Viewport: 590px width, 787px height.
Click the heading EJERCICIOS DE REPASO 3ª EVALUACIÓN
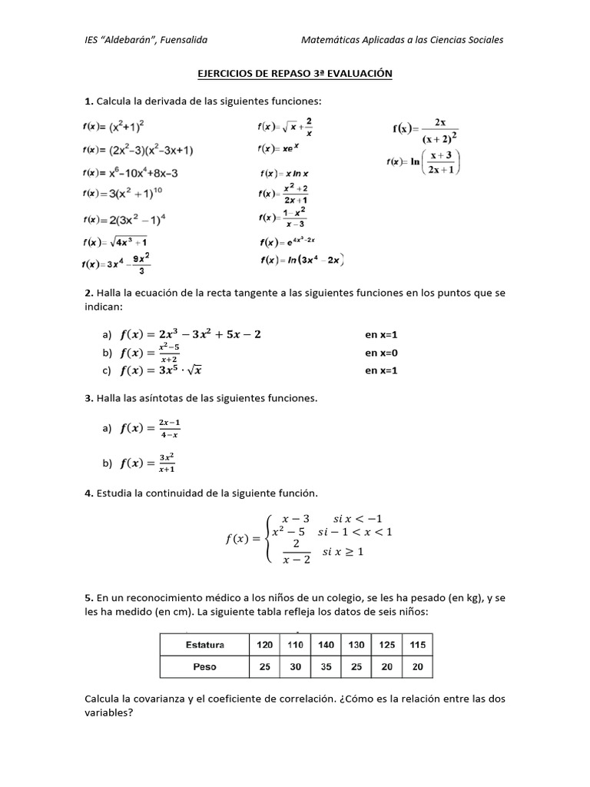[x=295, y=73]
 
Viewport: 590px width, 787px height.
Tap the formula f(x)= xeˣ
[x=279, y=148]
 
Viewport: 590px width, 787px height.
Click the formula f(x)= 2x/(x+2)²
[x=426, y=131]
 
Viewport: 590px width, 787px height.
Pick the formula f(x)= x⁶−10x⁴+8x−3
[x=131, y=173]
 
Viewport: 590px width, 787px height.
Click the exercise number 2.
[x=88, y=293]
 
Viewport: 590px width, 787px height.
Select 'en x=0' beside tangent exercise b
[x=382, y=354]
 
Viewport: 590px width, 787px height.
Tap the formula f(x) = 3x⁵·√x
[x=161, y=370]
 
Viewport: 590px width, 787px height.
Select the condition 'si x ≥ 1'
[x=343, y=552]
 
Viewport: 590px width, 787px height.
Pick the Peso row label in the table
[x=205, y=667]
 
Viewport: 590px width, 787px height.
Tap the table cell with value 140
[x=326, y=644]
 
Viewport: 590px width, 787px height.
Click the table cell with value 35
[x=326, y=667]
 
